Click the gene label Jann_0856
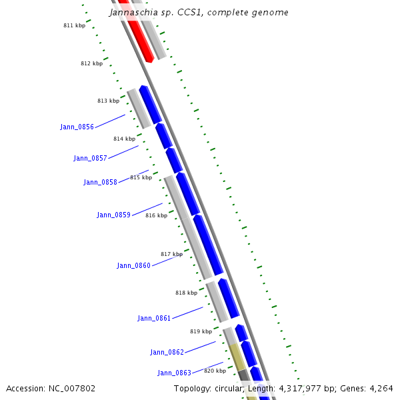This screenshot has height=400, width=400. click(x=77, y=127)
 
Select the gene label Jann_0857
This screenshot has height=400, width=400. click(x=90, y=158)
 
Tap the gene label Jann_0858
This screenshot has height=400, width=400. click(x=100, y=182)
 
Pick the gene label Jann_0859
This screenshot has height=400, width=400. click(x=113, y=215)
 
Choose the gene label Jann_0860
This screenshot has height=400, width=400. click(x=133, y=265)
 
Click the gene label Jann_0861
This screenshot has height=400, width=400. click(x=154, y=318)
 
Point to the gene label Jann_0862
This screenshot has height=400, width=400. click(x=167, y=352)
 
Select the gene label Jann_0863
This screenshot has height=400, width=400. click(x=174, y=373)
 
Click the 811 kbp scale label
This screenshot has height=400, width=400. click(x=74, y=25)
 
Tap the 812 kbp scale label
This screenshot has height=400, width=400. click(x=91, y=63)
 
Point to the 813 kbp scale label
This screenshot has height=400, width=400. click(x=108, y=101)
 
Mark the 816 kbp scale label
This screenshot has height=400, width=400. click(x=156, y=215)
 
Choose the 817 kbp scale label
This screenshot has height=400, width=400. click(x=171, y=254)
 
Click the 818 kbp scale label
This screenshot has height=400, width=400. click(x=186, y=293)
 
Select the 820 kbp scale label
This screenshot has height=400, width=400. click(x=215, y=371)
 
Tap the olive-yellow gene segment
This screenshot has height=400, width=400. click(x=237, y=357)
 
